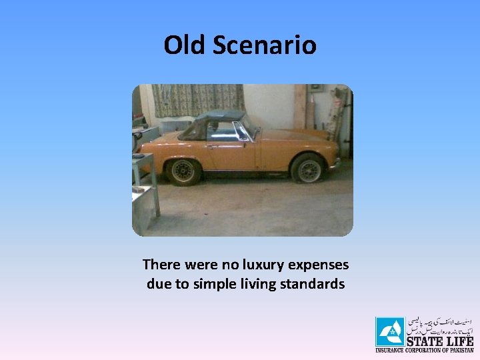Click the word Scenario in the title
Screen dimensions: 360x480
click(x=264, y=45)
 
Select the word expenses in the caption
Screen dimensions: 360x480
click(x=313, y=265)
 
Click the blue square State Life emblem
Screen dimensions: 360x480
click(x=389, y=331)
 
